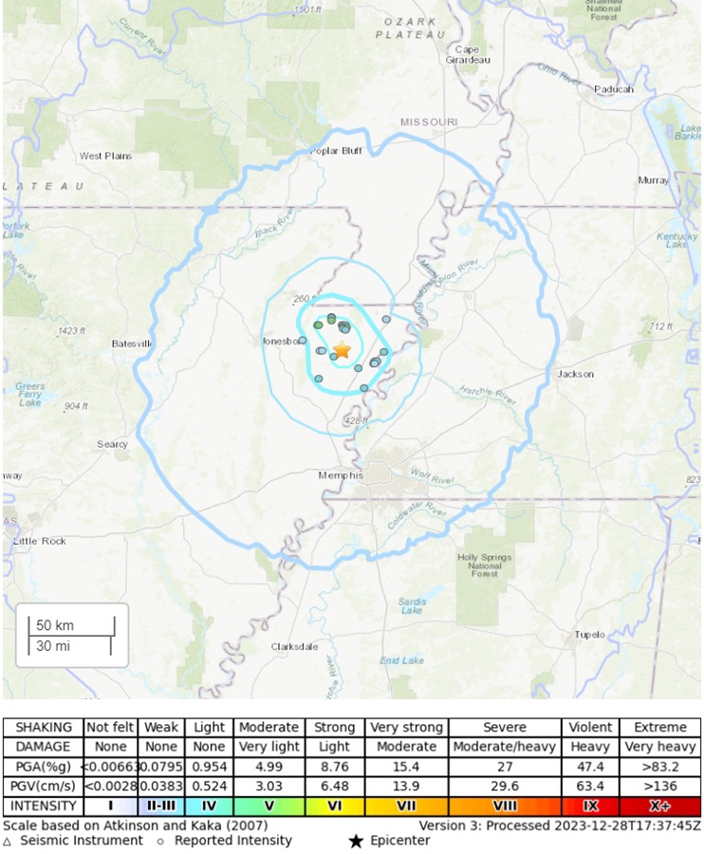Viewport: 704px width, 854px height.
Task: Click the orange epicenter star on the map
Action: [x=342, y=350]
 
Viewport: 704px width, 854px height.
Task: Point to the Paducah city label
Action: [x=615, y=89]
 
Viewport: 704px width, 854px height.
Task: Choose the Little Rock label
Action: [x=40, y=541]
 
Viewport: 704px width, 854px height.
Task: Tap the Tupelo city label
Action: [x=589, y=635]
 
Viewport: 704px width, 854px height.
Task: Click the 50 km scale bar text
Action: [x=55, y=626]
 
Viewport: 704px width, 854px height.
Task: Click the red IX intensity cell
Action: [x=590, y=807]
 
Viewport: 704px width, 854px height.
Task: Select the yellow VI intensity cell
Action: [x=335, y=807]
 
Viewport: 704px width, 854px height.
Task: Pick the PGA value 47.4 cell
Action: [x=590, y=767]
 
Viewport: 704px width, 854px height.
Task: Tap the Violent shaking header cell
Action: [x=590, y=727]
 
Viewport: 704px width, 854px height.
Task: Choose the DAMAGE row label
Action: [x=43, y=747]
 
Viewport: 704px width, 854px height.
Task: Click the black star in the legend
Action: [x=356, y=841]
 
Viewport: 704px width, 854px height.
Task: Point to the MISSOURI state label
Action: [x=429, y=122]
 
